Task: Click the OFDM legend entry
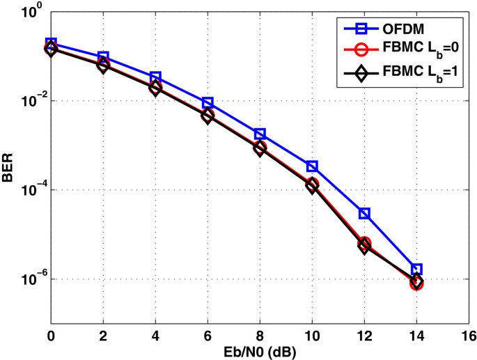(x=400, y=29)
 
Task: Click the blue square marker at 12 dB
(x=364, y=213)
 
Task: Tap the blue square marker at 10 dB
(x=312, y=166)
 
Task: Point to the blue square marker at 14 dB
(x=416, y=269)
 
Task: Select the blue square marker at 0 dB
(x=51, y=43)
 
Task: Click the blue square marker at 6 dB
(x=208, y=103)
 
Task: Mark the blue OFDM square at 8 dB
(x=260, y=134)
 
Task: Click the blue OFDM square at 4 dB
(x=155, y=77)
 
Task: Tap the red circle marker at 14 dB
(x=416, y=283)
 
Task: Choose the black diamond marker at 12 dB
(x=364, y=246)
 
